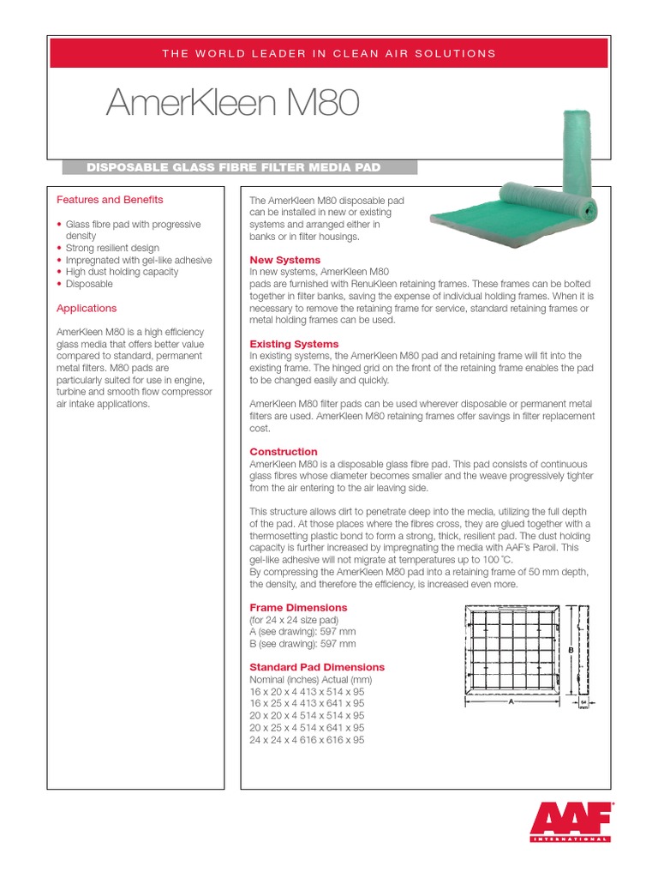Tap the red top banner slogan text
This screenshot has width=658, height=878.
329,53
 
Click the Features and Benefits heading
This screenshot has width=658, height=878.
110,200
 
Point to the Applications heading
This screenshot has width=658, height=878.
87,308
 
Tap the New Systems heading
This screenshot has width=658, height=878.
284,259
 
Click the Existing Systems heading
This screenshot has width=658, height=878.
294,344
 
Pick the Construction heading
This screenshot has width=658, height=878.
283,451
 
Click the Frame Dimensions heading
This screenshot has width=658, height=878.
298,607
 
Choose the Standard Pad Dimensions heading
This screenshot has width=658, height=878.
316,666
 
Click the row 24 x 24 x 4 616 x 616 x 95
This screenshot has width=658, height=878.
307,740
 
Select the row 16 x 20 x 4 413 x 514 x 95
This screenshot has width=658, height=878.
307,691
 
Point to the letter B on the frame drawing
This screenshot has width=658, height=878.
570,651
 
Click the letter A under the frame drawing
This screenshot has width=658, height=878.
511,701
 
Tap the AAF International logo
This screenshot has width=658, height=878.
571,822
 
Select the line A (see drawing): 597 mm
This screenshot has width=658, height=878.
302,631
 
